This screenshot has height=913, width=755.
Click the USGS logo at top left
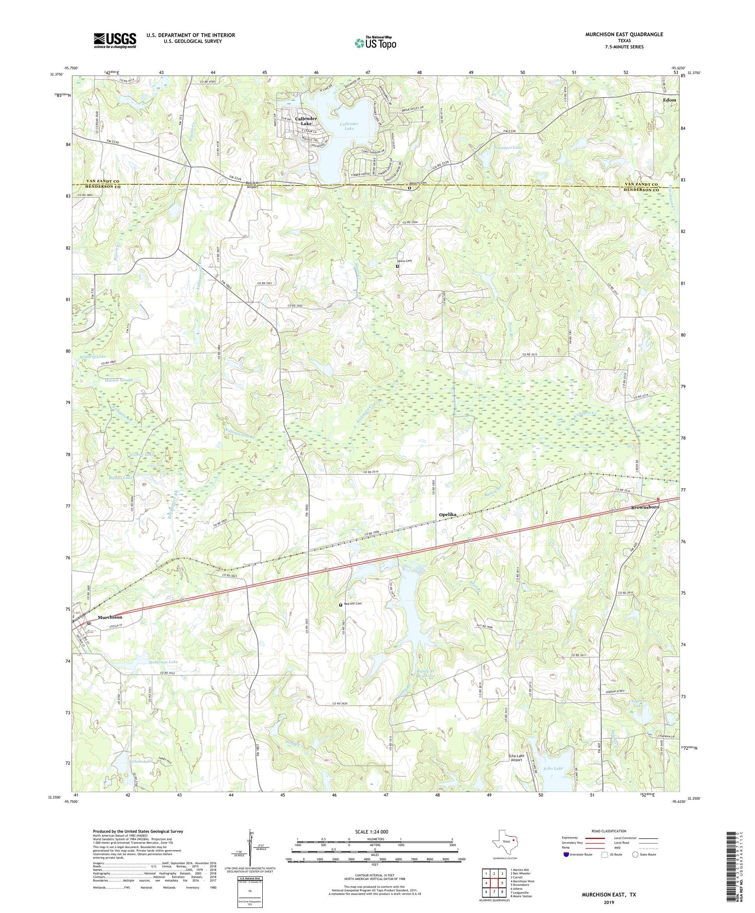click(115, 40)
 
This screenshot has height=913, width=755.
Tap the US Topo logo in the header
click(375, 43)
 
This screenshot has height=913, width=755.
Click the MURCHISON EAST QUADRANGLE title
click(624, 34)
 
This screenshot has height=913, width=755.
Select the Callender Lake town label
click(306, 121)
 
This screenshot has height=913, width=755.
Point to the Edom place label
click(669, 100)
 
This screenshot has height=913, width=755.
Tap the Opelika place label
click(447, 514)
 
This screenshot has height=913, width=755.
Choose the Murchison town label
click(110, 617)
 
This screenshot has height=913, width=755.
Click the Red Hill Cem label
click(353, 603)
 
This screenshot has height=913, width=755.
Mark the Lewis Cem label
click(404, 261)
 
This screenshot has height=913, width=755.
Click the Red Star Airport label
click(252, 184)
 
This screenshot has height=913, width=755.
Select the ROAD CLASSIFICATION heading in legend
click(609, 831)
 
